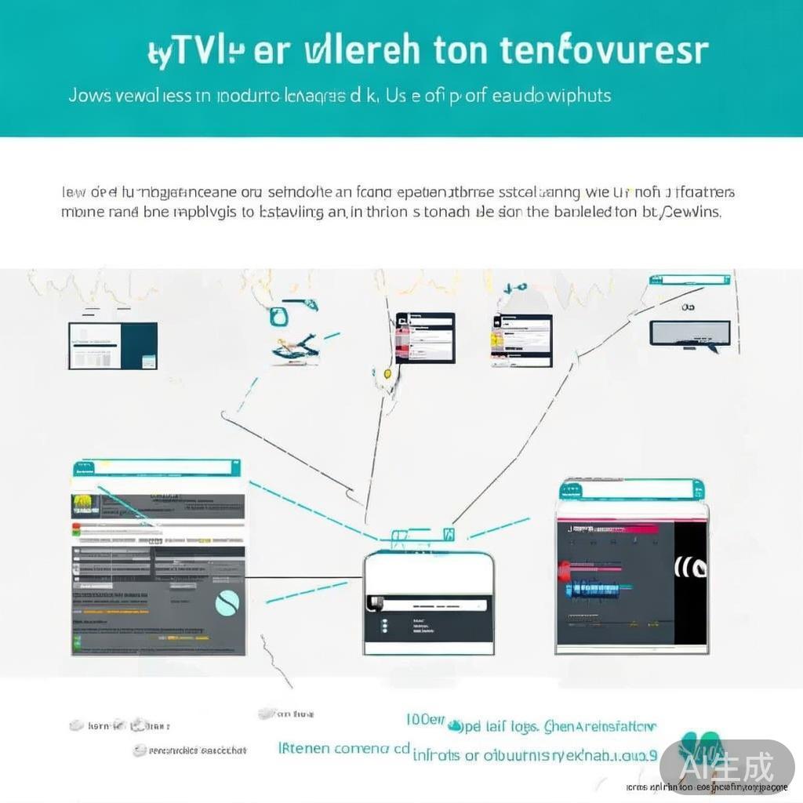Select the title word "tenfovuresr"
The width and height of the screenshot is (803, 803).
coord(605,49)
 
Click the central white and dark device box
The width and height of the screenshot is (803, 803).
coord(428,602)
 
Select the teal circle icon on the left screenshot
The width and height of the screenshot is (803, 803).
coord(227,602)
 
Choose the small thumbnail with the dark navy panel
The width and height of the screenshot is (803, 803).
coord(113,345)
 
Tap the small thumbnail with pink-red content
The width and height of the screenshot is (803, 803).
coord(425,338)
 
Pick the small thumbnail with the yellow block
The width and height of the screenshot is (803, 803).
coord(521,340)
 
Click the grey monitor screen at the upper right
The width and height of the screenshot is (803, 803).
coord(689,332)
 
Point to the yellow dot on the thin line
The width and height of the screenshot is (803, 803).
coord(387,374)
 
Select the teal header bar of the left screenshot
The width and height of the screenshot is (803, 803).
coord(156,468)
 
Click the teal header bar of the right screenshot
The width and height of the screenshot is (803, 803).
coord(631,490)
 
